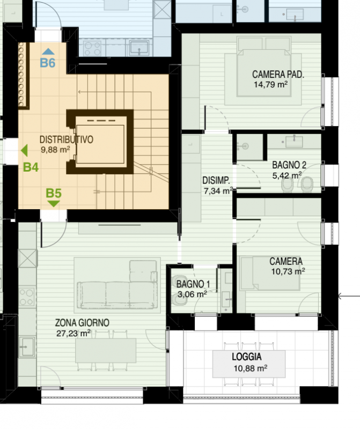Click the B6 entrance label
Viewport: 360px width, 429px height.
(x=48, y=63)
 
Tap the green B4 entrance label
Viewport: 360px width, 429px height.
(x=31, y=167)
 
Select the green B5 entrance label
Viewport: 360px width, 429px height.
(x=54, y=193)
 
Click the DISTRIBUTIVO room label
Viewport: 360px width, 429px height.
(x=67, y=139)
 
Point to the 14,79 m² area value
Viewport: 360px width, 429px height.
(x=270, y=85)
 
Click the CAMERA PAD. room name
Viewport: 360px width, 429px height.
(x=278, y=75)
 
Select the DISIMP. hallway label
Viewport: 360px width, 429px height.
(x=216, y=181)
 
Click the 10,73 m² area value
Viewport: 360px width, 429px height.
(x=288, y=271)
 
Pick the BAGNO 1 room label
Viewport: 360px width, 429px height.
(x=193, y=284)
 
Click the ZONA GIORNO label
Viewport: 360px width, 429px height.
(x=82, y=323)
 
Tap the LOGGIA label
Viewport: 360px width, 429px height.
(x=247, y=357)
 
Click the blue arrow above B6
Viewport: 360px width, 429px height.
(x=48, y=51)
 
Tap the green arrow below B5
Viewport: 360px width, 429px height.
(x=54, y=204)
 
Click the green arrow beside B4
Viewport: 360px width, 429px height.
(x=24, y=151)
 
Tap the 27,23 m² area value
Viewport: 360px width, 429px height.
(x=74, y=334)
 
